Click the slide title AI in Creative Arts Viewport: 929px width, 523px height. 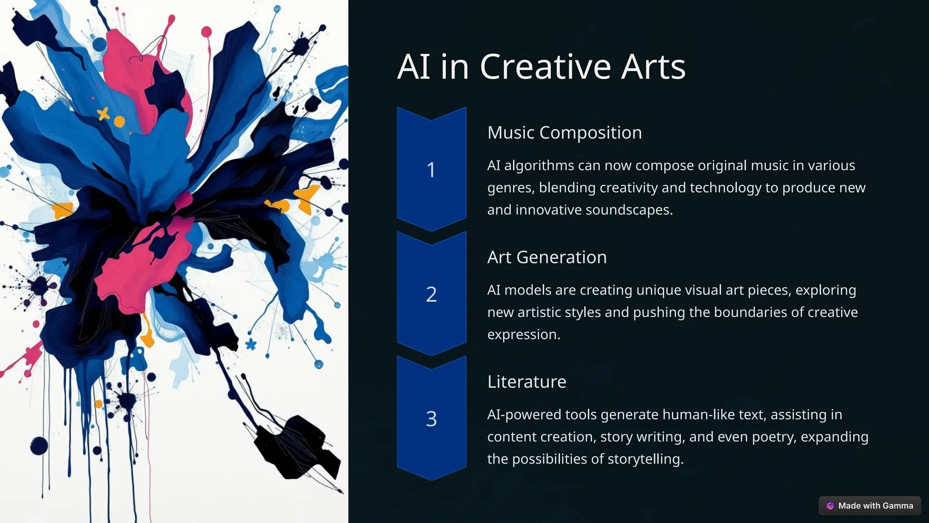[541, 67]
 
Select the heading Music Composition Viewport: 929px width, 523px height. [564, 133]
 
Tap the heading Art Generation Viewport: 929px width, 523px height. [547, 257]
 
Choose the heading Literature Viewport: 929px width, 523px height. [527, 381]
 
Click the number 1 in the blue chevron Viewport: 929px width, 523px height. [431, 170]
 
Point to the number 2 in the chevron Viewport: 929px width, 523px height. [431, 294]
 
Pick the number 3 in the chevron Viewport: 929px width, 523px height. [431, 419]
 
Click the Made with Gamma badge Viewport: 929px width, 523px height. [870, 506]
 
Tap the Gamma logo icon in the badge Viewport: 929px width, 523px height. [830, 506]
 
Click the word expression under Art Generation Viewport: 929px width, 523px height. [523, 335]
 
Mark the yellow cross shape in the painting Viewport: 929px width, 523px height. [104, 113]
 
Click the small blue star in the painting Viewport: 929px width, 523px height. [250, 344]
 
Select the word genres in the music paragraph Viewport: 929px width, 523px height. [509, 188]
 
